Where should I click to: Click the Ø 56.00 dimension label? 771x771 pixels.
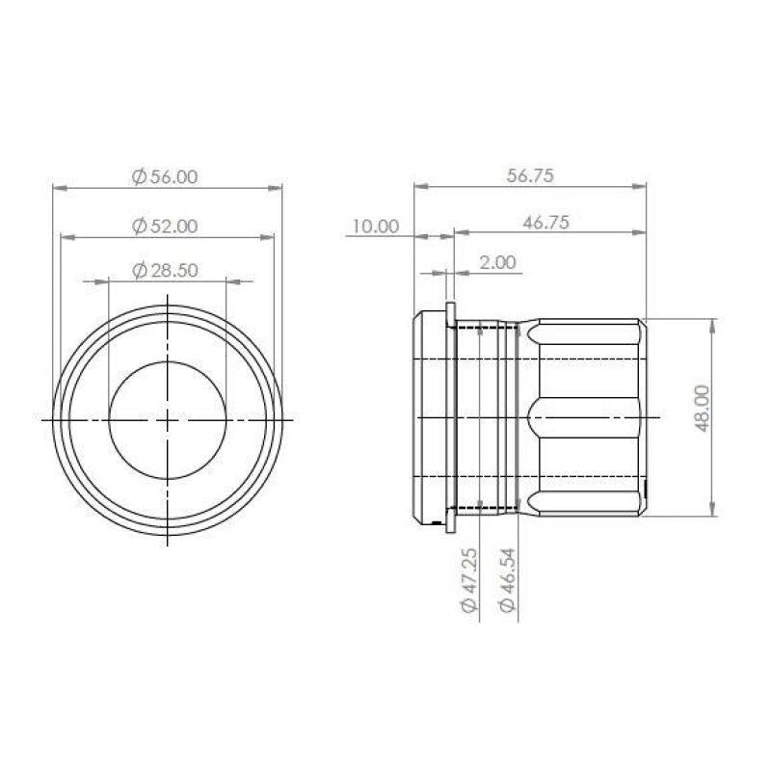pos(165,176)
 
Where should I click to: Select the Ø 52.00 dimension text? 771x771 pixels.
pos(165,226)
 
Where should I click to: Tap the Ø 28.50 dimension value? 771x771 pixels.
pos(165,271)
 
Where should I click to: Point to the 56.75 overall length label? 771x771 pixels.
pos(530,175)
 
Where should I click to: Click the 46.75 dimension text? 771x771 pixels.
pos(545,223)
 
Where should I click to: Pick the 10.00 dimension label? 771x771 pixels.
pos(375,226)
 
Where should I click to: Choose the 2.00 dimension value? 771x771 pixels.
pos(497,262)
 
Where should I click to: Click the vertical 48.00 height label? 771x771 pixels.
pos(703,409)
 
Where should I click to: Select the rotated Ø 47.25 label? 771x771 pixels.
pos(469,580)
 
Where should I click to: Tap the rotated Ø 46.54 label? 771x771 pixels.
pos(508,580)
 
